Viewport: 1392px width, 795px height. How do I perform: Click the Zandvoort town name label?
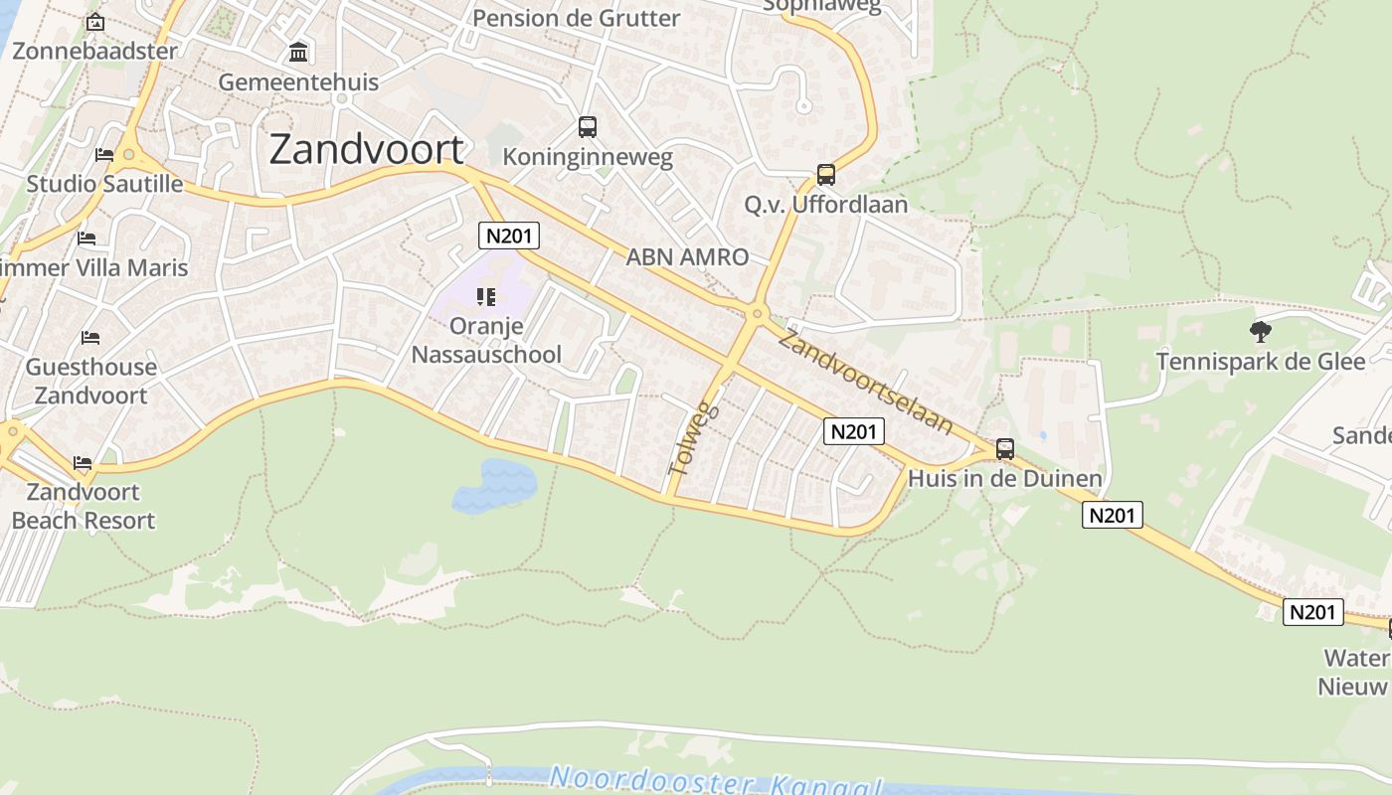coord(366,149)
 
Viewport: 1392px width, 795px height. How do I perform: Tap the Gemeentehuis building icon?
coord(298,52)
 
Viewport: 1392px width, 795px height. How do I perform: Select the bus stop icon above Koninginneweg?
coord(588,127)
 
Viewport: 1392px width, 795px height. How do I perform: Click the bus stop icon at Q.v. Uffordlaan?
coord(825,175)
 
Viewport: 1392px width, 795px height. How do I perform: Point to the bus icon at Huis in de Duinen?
coord(1005,449)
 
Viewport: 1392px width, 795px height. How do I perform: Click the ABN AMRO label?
coord(687,257)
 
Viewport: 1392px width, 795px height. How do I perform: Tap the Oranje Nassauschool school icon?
coord(486,297)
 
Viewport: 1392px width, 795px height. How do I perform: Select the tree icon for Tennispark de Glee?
coord(1261,332)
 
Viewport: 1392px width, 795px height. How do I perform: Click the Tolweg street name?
coord(694,436)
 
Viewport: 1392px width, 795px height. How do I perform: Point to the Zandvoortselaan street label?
coord(865,383)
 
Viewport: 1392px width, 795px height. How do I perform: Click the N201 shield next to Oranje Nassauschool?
coord(509,236)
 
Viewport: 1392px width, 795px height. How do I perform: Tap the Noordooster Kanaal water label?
coord(716,781)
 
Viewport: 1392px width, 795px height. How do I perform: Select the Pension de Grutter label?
coord(577,18)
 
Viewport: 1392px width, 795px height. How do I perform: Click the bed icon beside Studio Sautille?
coord(103,154)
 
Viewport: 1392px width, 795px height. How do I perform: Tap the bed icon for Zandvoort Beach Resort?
coord(83,463)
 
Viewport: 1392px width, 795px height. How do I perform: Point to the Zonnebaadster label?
coord(95,51)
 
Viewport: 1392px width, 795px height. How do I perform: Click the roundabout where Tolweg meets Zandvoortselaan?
coord(758,315)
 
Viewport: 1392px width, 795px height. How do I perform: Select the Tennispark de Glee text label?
coord(1261,362)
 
